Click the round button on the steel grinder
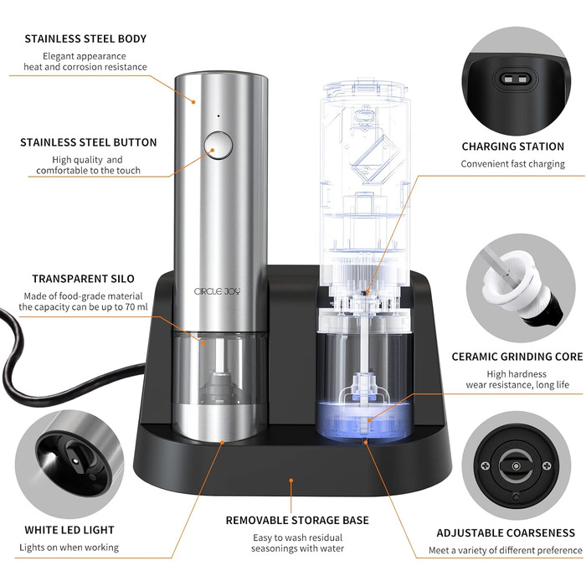coord(218,146)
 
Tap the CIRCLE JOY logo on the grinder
coord(217,291)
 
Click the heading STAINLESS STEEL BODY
coord(85,39)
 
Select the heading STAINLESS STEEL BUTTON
coord(89,142)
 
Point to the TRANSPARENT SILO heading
coord(84,279)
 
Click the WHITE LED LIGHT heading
coord(69,530)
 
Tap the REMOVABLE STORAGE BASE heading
coord(297,520)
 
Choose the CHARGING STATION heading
coord(513,146)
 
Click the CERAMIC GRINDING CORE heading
coord(517,357)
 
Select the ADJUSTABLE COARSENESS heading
coord(506,533)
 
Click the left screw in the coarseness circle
coord(485,466)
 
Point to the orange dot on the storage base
coord(291,481)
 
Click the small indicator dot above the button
coord(218,116)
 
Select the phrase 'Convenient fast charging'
coord(512,164)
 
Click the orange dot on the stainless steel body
coord(193,101)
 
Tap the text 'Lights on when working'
coord(69,547)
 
